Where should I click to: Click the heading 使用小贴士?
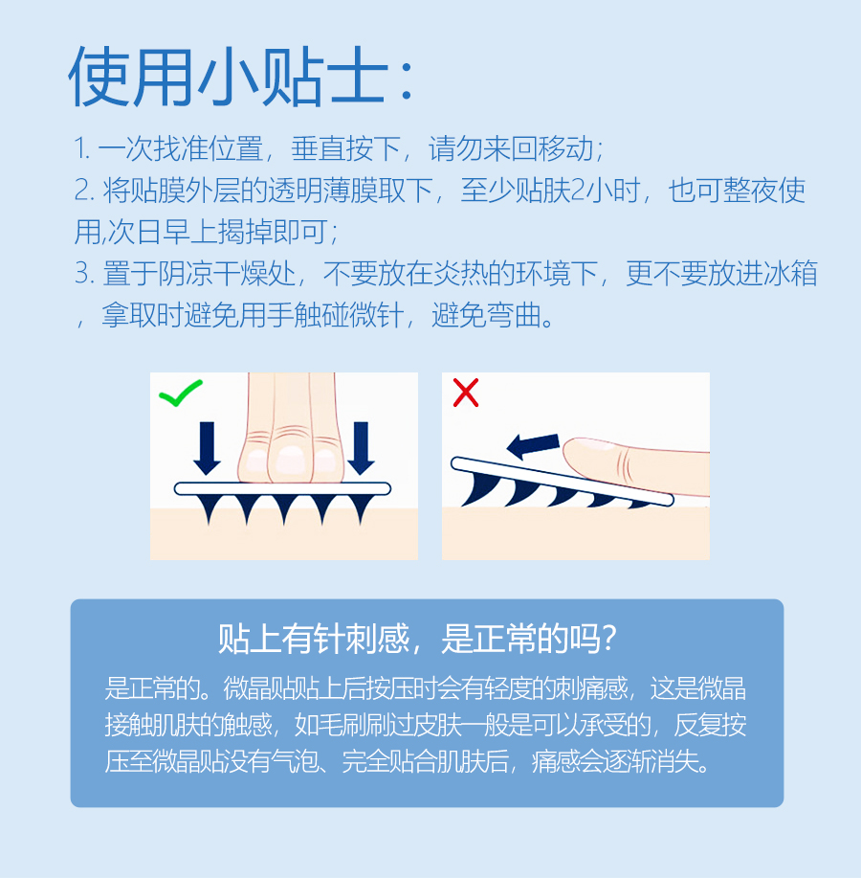tap(240, 77)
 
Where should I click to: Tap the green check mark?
tap(180, 394)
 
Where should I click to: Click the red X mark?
tap(466, 393)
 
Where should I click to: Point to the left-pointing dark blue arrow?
tap(533, 445)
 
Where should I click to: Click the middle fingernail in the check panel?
tap(291, 461)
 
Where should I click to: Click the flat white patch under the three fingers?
tap(282, 489)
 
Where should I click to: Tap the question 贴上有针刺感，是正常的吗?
tap(417, 639)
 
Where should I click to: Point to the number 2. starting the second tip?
tap(84, 191)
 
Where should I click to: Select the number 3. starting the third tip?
tap(84, 273)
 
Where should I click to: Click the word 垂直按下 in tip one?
tap(345, 149)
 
